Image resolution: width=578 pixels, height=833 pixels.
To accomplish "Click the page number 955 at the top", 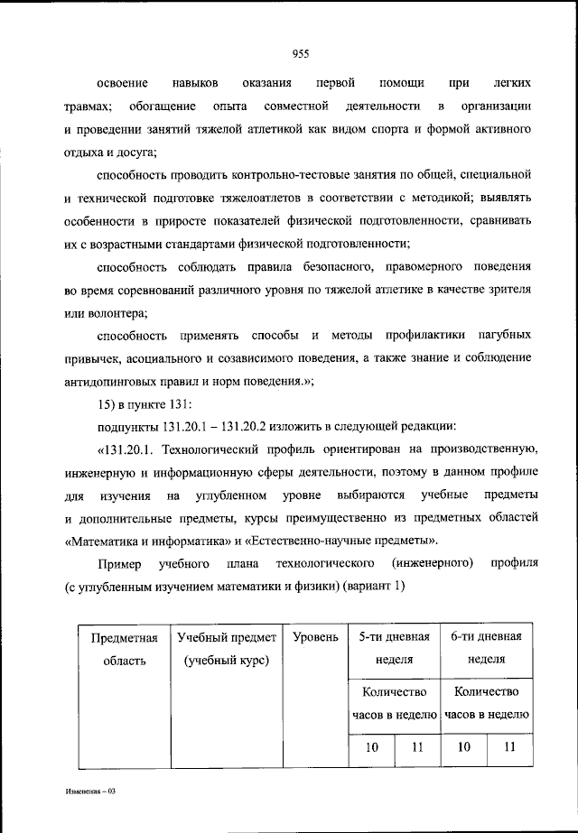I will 301,54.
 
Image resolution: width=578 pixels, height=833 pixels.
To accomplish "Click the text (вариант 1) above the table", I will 380,588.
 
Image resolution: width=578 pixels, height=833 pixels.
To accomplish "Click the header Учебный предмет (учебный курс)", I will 227,649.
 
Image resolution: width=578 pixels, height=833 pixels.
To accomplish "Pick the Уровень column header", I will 315,637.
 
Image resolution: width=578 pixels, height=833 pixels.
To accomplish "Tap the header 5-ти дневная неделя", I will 394,649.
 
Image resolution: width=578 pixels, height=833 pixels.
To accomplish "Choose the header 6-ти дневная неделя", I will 486,649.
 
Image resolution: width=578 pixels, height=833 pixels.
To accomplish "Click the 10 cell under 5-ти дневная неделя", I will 371,746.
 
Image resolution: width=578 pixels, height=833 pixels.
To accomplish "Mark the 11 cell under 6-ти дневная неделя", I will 510,746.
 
